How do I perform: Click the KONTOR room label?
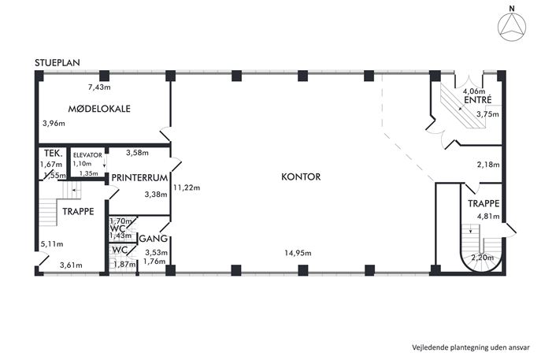coord(301,176)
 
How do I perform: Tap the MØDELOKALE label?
coord(99,109)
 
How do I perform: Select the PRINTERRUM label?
coord(139,178)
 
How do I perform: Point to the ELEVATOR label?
coord(87,155)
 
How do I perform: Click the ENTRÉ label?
coord(478,100)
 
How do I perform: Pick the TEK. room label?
coord(54,153)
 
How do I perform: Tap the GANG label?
coord(154,239)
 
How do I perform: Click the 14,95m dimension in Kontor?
coord(298,253)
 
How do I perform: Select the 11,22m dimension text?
coord(187,187)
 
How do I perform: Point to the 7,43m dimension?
coord(99,87)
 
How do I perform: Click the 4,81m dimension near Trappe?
coord(488,217)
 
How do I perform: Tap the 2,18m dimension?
coord(488,165)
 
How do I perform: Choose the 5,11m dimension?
coord(52,244)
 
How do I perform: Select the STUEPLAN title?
coord(57,62)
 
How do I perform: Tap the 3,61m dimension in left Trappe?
coord(71,265)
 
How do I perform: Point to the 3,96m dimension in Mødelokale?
coord(54,123)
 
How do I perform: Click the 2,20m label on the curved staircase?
coord(483,257)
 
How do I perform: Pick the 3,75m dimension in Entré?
coord(487,114)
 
